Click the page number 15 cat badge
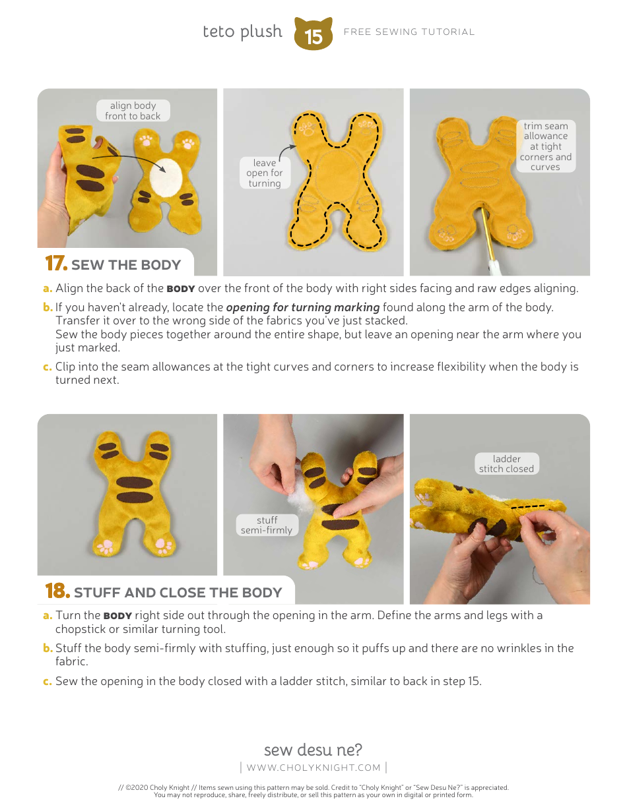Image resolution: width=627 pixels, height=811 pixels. (313, 34)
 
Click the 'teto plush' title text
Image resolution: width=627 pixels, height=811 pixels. (242, 32)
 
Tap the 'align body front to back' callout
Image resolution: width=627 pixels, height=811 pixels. (133, 111)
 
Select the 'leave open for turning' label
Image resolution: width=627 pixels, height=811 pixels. (264, 173)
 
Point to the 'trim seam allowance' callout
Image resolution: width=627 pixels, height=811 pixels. (545, 146)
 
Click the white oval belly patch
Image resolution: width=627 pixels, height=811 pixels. (166, 176)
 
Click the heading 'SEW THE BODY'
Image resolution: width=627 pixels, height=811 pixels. (125, 265)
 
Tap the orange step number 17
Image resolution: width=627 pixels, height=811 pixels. (56, 264)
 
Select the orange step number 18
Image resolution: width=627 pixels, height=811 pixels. (57, 591)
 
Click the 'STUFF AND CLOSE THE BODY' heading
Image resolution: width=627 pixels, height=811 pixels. (178, 593)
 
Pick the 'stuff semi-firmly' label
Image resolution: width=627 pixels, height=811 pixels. (267, 525)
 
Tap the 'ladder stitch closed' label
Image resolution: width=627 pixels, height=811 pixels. (506, 464)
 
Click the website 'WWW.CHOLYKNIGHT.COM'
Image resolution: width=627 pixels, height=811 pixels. (313, 767)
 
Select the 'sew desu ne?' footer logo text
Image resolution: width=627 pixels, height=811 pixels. (313, 750)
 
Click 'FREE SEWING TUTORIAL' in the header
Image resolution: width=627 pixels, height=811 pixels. (409, 32)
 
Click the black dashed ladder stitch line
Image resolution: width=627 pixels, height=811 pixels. (529, 507)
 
